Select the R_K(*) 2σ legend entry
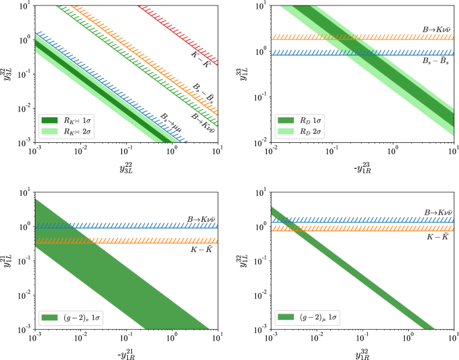click(67, 131)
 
